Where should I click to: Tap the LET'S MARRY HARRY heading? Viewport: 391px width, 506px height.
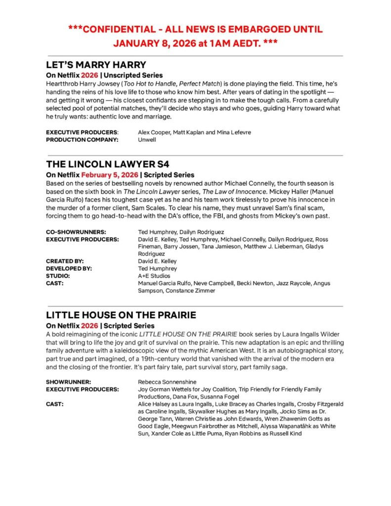(96, 65)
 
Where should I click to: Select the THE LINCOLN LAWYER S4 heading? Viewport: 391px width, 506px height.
(108, 164)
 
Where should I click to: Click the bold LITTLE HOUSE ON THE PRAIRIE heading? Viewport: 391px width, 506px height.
(121, 315)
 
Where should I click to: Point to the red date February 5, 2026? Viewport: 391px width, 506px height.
(110, 175)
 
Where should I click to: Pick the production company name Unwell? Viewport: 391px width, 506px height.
(147, 140)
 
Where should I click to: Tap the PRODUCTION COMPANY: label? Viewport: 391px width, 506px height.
(82, 140)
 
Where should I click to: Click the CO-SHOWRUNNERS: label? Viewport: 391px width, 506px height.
(76, 232)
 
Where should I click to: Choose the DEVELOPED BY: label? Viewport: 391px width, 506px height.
(69, 268)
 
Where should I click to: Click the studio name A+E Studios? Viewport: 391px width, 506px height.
(154, 276)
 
